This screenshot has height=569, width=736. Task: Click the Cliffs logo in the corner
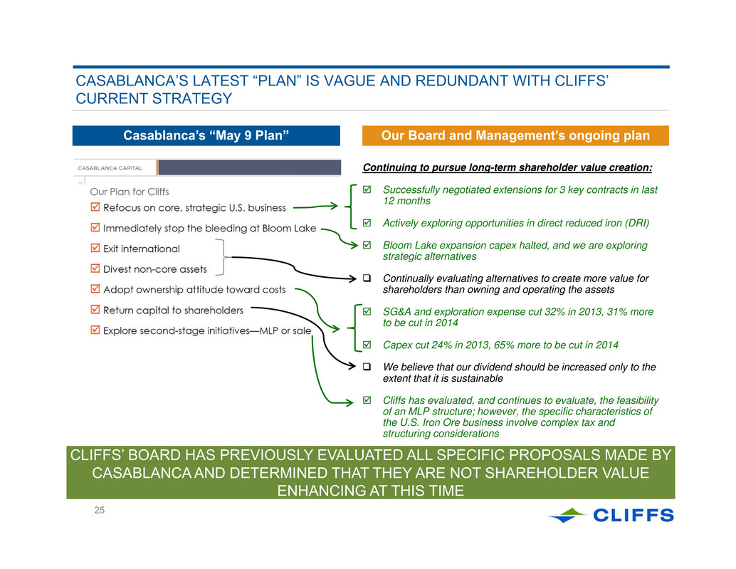(x=611, y=515)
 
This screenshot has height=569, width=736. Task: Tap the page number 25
(x=99, y=511)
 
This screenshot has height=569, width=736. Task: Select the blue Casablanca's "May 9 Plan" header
(x=206, y=136)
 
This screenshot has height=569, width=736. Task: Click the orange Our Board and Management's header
(x=515, y=136)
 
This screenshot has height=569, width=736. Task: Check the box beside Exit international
(x=95, y=248)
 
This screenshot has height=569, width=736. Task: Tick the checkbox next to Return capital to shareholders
(x=95, y=309)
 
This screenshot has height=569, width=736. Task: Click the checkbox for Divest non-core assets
(x=95, y=268)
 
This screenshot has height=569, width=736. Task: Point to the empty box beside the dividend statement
(x=367, y=367)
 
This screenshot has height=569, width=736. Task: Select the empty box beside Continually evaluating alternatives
(x=367, y=278)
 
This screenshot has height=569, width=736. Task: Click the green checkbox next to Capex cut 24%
(x=367, y=345)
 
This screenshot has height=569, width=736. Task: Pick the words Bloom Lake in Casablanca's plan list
(x=289, y=229)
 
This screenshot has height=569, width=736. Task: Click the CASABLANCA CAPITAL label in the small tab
(x=110, y=168)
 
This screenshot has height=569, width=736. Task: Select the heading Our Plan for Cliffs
(x=130, y=192)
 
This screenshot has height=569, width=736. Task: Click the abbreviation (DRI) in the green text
(x=637, y=223)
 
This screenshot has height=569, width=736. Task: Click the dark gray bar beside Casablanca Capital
(x=250, y=167)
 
